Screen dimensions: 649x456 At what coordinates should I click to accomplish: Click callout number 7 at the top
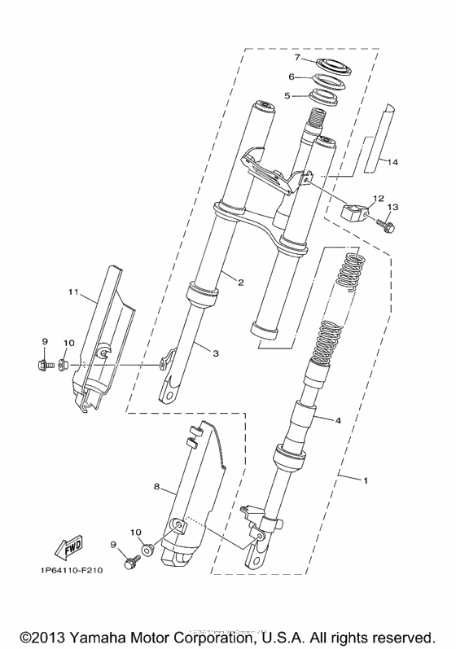pyautogui.click(x=298, y=58)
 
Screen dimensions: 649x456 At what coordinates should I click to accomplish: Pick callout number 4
pyautogui.click(x=338, y=420)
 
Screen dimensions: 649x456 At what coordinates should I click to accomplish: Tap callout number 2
pyautogui.click(x=240, y=283)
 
